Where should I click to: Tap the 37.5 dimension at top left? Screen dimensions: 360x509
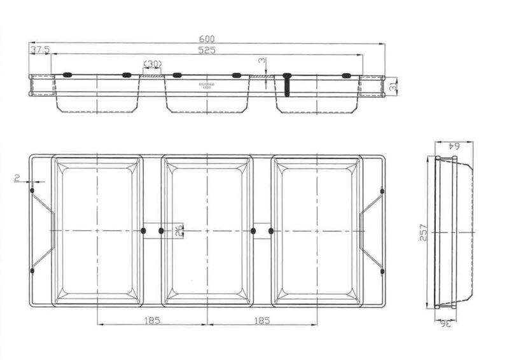tap(39, 50)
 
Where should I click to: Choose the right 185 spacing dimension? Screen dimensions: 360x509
tap(261, 321)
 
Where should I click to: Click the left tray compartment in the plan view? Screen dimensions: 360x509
tap(97, 230)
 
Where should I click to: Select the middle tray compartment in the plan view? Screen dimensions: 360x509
tap(207, 230)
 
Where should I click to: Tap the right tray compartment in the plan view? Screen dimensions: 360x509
tap(317, 230)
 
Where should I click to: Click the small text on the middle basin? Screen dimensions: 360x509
tap(207, 85)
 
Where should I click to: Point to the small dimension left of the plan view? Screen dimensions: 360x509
tap(17, 181)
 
